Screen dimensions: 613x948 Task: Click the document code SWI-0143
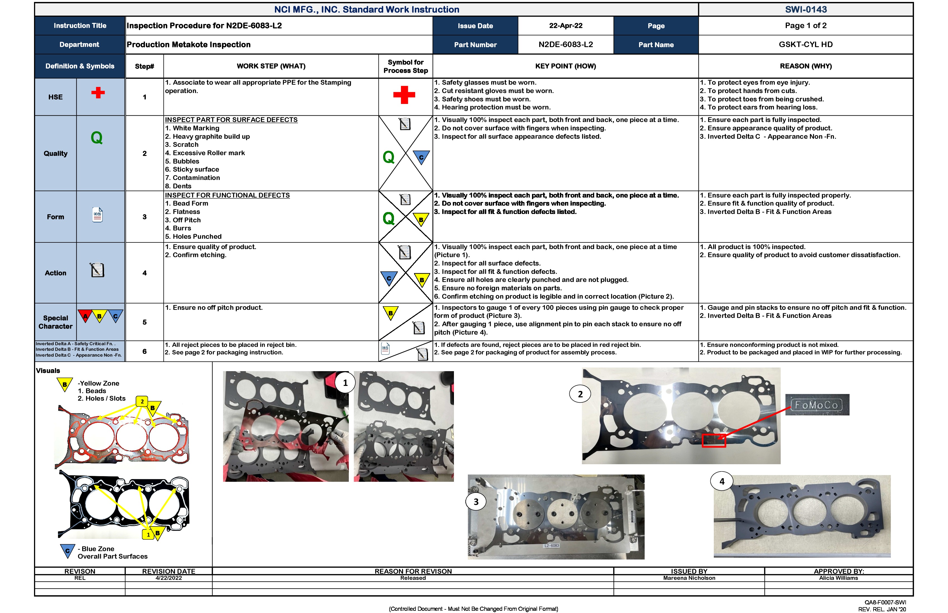coord(806,9)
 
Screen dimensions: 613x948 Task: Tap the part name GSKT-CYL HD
coord(806,45)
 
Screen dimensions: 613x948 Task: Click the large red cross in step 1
coord(404,95)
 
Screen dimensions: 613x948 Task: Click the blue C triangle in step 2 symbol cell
coord(421,157)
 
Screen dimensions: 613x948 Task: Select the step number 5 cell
coord(145,322)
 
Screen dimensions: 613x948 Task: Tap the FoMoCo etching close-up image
coord(817,405)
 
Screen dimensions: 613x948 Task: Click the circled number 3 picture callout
coord(476,502)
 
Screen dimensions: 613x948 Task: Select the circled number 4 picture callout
coord(721,481)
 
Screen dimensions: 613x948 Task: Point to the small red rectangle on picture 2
coord(714,441)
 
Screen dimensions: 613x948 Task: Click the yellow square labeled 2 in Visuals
coord(142,401)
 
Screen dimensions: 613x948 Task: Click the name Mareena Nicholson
coord(689,578)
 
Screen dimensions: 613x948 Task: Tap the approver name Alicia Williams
coord(838,578)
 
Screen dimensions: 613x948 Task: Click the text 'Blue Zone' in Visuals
coord(98,549)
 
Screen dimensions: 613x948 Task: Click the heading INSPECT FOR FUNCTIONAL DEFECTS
coord(227,195)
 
